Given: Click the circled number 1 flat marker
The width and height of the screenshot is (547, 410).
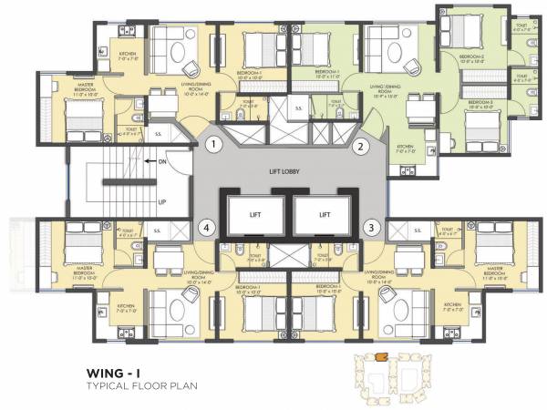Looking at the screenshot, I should click(x=212, y=145).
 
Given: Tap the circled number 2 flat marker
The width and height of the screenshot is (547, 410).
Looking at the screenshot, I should click(x=360, y=145).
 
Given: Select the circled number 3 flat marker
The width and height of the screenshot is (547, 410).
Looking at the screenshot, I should click(x=371, y=227).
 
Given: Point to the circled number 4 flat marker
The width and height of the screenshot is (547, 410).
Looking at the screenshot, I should click(x=207, y=227).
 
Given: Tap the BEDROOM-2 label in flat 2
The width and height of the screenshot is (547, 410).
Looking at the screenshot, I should click(x=470, y=57).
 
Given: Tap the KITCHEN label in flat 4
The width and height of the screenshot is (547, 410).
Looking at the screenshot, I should click(x=125, y=307).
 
